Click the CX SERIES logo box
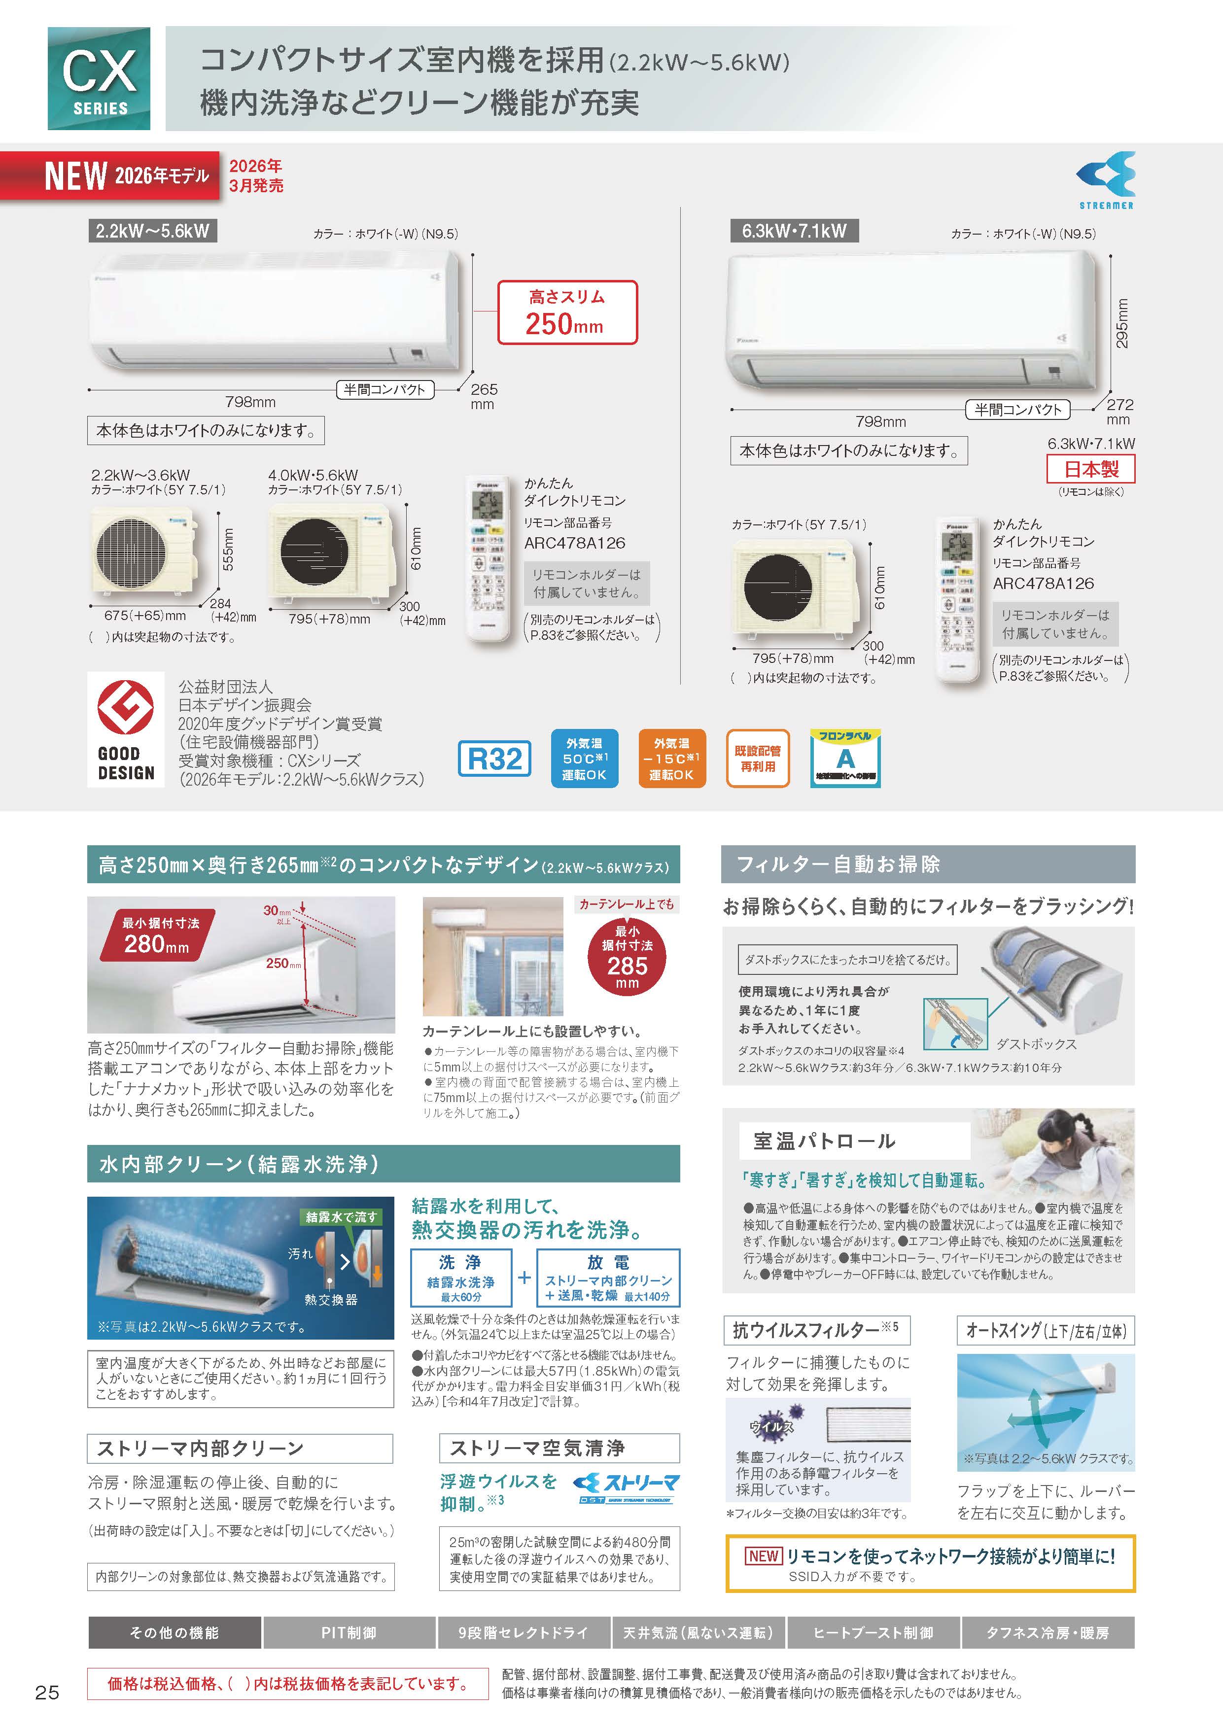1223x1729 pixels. coord(99,78)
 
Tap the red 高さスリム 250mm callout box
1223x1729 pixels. coord(567,312)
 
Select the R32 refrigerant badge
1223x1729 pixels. coord(495,759)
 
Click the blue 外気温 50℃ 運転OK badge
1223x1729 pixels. coord(585,759)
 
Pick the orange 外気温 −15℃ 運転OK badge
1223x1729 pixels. coord(672,759)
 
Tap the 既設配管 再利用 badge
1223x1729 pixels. coord(758,759)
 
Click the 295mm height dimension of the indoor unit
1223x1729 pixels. coord(1122,324)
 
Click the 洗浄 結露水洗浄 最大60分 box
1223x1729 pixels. coord(461,1278)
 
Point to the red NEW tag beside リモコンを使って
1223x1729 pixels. coord(764,1556)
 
